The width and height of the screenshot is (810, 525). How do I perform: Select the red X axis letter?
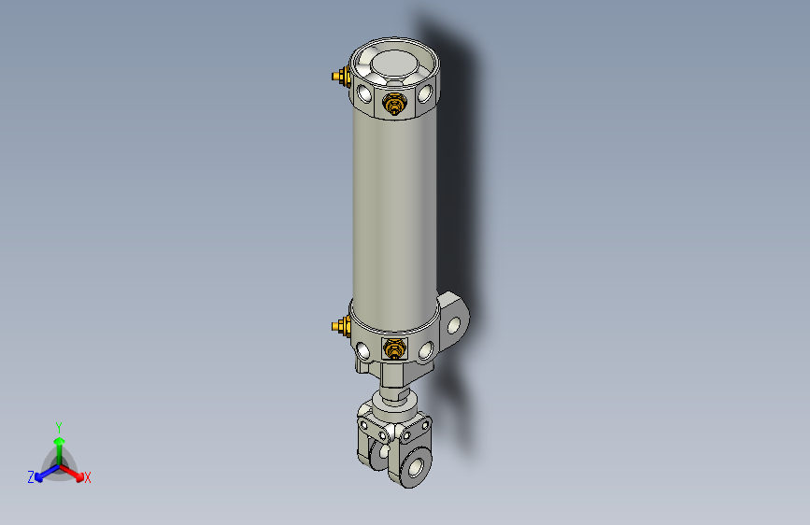(x=88, y=478)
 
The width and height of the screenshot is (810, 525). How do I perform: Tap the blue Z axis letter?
(x=31, y=477)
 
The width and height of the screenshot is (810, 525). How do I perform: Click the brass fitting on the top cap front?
(x=394, y=103)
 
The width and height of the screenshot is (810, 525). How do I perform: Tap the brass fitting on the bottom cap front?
(x=395, y=350)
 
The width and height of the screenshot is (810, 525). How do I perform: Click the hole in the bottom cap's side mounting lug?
(x=456, y=325)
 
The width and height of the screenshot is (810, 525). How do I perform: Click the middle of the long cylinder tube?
(x=394, y=206)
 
